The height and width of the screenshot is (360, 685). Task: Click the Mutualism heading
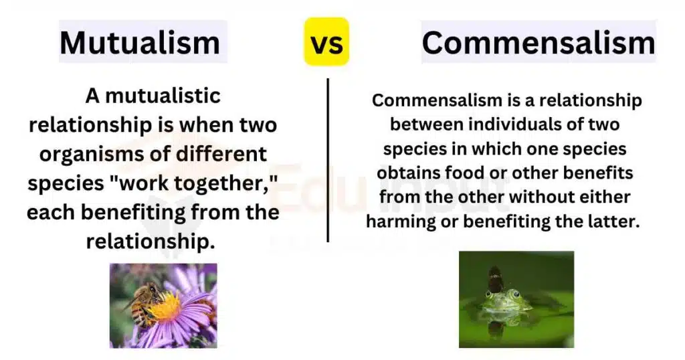[140, 43]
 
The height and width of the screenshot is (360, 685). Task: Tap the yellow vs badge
[326, 43]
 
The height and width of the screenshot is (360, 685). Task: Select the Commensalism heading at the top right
[538, 43]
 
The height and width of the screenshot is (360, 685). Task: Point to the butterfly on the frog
[496, 279]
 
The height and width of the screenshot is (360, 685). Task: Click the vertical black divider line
[328, 160]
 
